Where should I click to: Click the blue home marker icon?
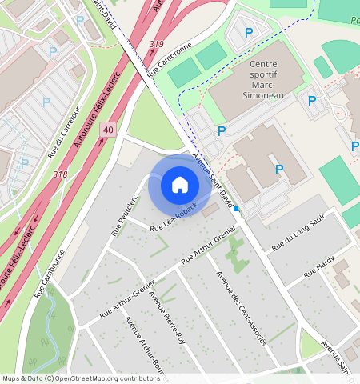(x=180, y=185)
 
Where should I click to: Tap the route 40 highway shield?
(x=109, y=129)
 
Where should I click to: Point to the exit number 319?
(x=157, y=44)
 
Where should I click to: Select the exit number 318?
(x=59, y=174)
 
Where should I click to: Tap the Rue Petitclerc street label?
(x=122, y=215)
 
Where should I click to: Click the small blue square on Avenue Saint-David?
(x=236, y=209)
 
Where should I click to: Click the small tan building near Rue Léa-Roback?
(x=210, y=212)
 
